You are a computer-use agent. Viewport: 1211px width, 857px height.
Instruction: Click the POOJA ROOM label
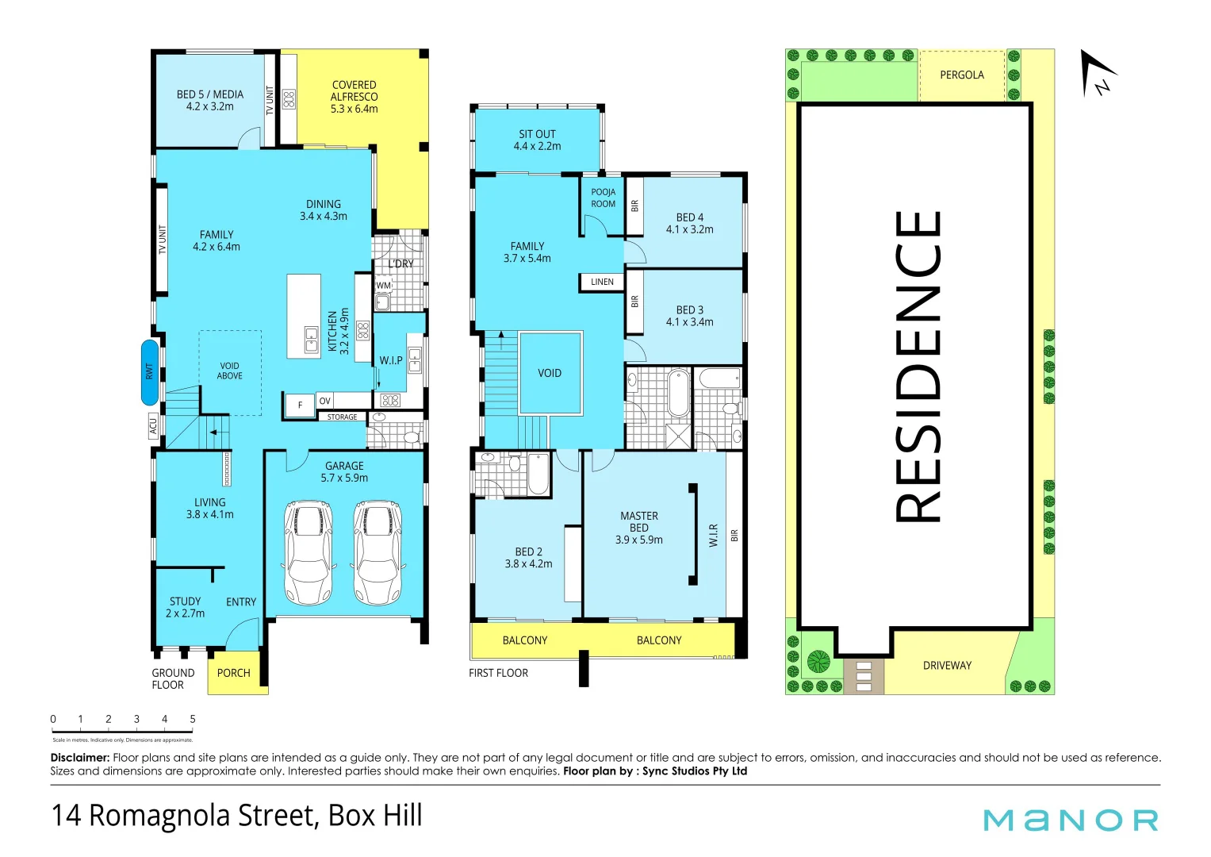pos(603,198)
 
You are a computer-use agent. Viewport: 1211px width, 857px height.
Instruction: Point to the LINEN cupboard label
pos(602,282)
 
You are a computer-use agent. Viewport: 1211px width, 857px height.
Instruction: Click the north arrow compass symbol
pos(1097,74)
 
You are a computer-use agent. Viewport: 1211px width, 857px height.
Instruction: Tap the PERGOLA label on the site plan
pos(961,75)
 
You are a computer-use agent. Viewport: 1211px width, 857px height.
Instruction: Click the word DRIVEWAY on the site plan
pos(947,666)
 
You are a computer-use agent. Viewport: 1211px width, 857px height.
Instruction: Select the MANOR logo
pos(1071,820)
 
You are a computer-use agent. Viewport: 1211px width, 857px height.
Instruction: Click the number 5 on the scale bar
pos(193,719)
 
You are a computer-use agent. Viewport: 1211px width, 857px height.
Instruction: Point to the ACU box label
pos(153,426)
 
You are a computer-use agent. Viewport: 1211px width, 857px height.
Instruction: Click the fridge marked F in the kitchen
pos(300,405)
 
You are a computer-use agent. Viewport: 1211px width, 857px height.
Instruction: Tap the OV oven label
pos(324,401)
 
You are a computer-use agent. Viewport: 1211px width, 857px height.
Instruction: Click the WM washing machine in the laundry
pos(384,285)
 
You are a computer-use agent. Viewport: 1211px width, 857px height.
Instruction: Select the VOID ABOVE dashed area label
pos(230,371)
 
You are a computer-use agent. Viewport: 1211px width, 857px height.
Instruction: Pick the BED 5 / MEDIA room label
pos(210,100)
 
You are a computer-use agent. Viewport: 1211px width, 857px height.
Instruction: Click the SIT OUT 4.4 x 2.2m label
pos(537,140)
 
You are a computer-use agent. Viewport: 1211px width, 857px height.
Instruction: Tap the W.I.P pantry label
pos(390,360)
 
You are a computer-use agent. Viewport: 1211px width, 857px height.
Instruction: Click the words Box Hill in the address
pos(375,816)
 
